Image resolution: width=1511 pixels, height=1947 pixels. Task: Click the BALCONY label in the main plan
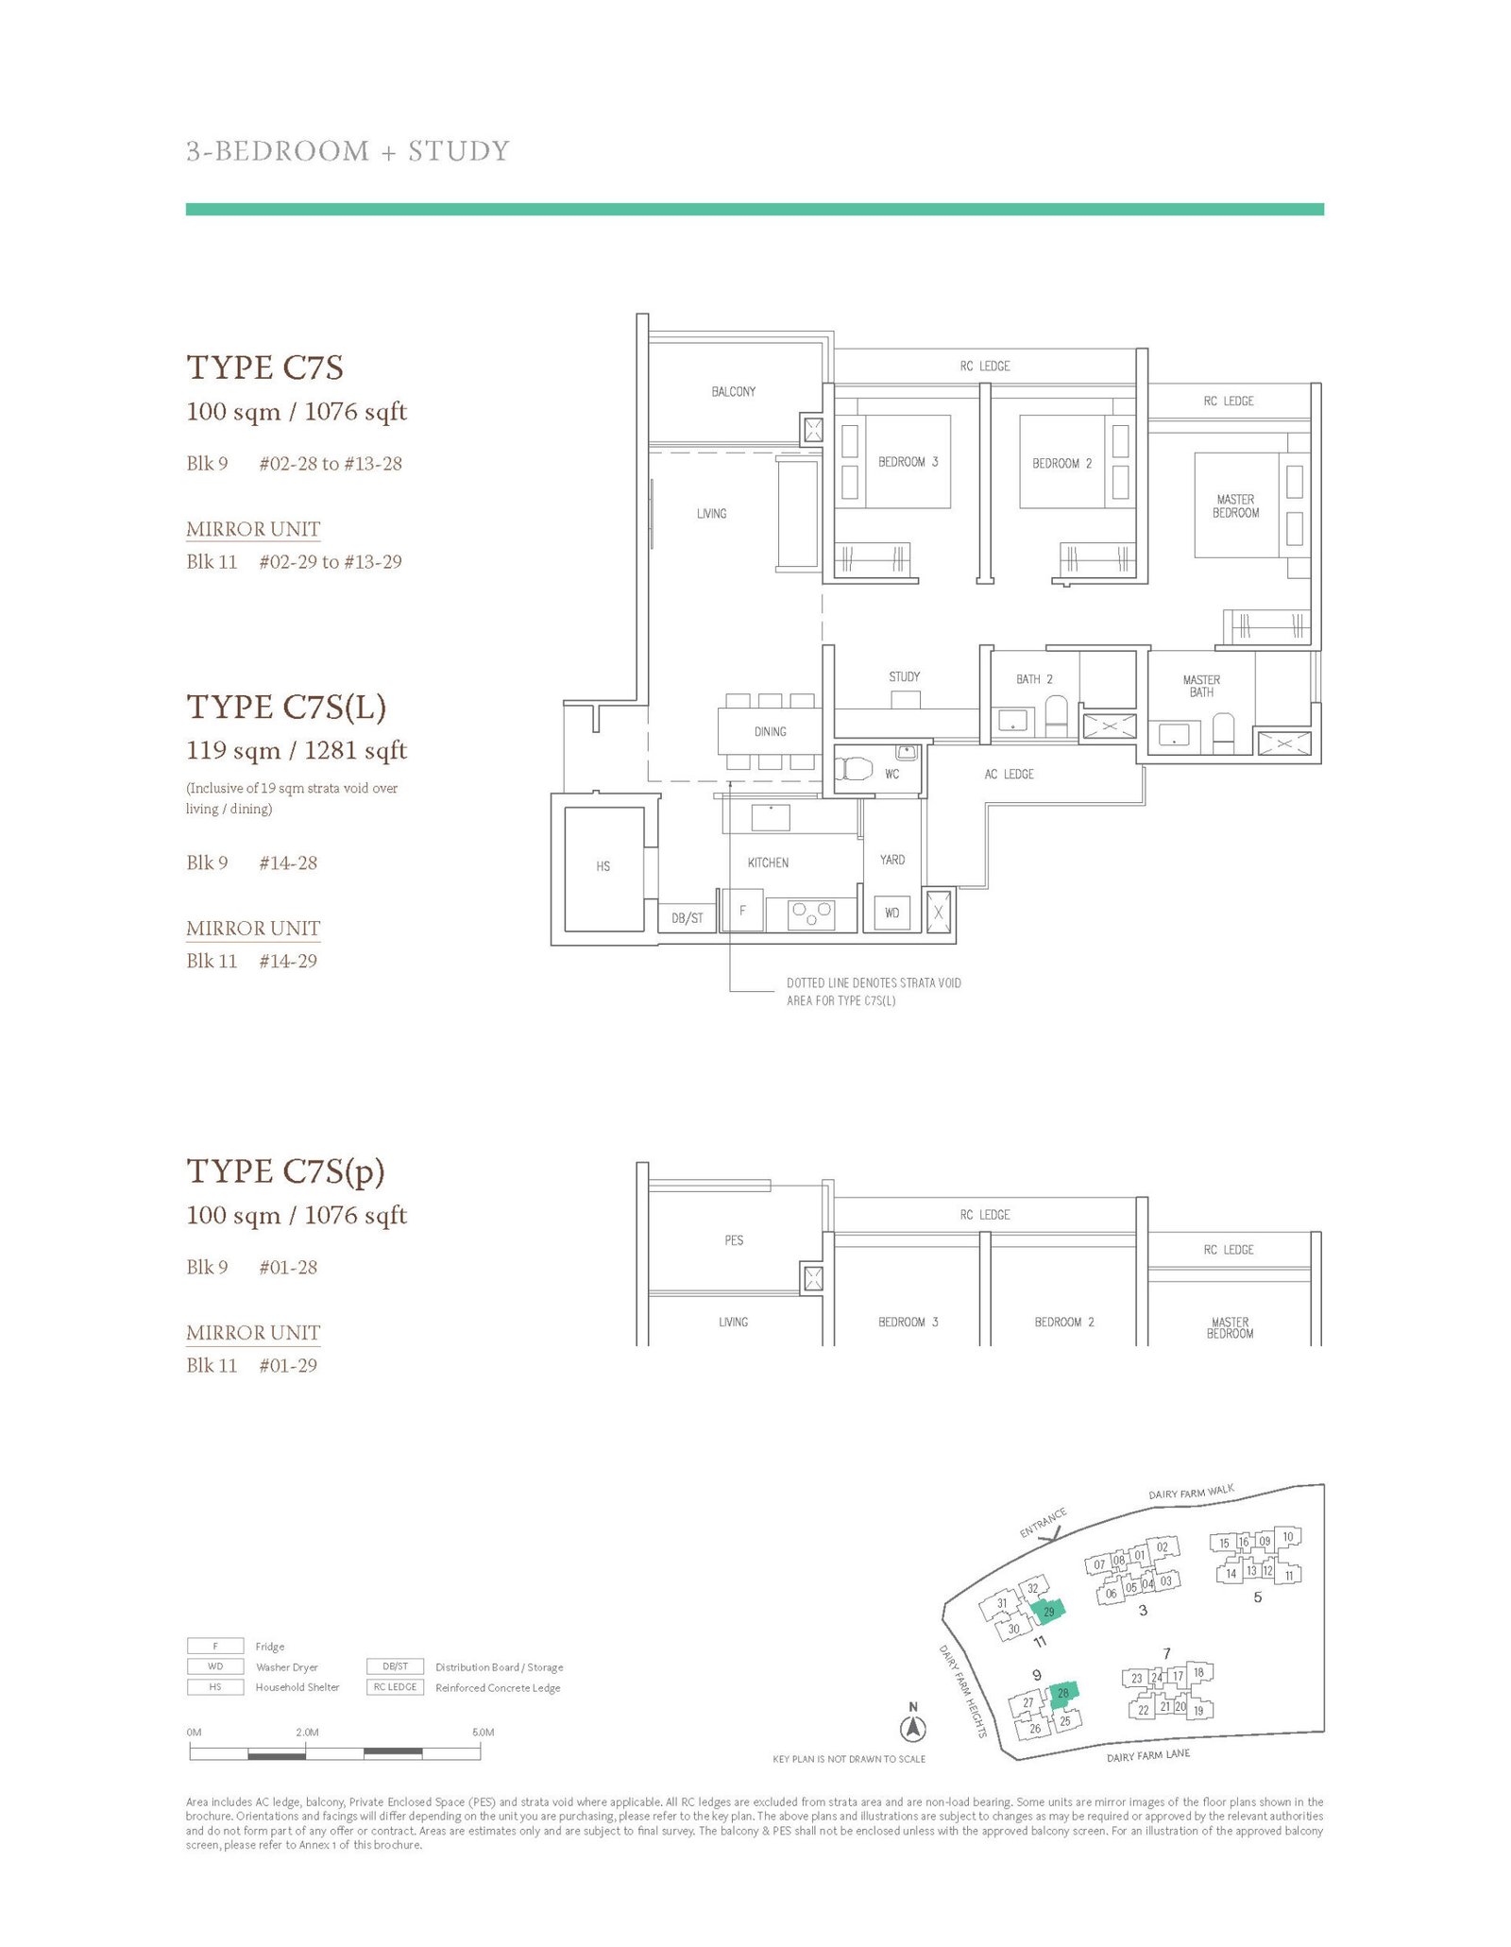(x=733, y=391)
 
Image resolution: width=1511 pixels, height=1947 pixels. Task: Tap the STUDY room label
(x=904, y=676)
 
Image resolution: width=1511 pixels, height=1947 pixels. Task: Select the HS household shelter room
(x=603, y=867)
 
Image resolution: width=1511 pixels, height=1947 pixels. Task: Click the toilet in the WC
(x=857, y=768)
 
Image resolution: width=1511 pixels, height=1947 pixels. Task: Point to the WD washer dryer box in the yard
(x=892, y=913)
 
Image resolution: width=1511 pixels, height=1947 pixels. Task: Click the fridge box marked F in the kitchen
(x=743, y=911)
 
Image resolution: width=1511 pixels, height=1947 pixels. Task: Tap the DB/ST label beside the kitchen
(x=688, y=918)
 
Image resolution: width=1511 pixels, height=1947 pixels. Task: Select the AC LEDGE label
(x=1009, y=774)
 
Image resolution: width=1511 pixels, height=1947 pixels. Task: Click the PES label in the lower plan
(x=734, y=1240)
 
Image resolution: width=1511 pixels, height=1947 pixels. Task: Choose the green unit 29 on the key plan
(x=1048, y=1610)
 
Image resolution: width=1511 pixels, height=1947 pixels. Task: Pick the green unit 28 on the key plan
(x=1063, y=1693)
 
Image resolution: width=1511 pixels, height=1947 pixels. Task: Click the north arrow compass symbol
(x=913, y=1729)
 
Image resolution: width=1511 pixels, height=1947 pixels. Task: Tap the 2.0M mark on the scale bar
(x=307, y=1733)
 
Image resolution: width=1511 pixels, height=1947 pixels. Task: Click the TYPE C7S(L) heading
(x=286, y=707)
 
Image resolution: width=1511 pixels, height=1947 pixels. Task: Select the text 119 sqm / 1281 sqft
(x=297, y=750)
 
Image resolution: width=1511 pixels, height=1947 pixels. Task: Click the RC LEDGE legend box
(x=395, y=1687)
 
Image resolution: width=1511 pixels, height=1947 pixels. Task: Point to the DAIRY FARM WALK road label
(x=1191, y=1493)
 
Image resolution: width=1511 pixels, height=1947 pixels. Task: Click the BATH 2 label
(x=1034, y=679)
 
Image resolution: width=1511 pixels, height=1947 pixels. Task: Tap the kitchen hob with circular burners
(x=811, y=914)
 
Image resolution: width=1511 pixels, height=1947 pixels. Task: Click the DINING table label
(x=770, y=731)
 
